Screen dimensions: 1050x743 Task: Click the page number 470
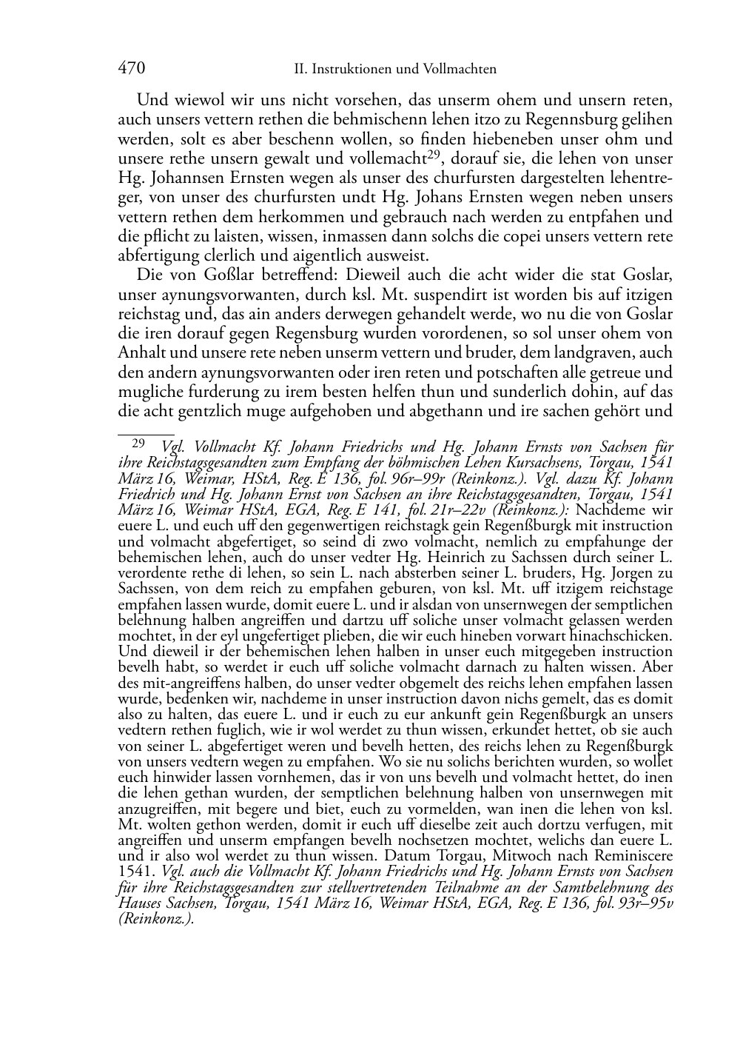pyautogui.click(x=131, y=69)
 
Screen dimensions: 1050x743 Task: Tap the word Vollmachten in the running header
pyautogui.click(x=460, y=70)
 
